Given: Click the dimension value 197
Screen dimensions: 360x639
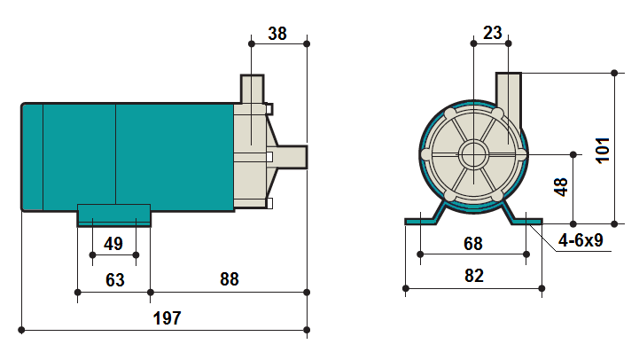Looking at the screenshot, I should [x=166, y=318].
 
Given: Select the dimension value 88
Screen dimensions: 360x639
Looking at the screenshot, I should [x=229, y=279].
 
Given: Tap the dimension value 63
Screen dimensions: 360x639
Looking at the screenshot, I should [x=114, y=279].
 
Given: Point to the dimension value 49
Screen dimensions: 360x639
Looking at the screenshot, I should [x=113, y=243].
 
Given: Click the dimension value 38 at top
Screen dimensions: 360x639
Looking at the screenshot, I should [x=277, y=34].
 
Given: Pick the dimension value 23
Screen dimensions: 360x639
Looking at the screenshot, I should [x=493, y=34].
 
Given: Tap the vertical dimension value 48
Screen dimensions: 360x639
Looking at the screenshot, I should [x=560, y=188].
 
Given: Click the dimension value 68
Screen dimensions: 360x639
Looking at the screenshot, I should [x=473, y=242].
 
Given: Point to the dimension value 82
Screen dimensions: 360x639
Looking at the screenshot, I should [x=473, y=275].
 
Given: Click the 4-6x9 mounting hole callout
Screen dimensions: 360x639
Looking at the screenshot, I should [x=581, y=240].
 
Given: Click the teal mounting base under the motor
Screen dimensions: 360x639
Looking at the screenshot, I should [x=113, y=215].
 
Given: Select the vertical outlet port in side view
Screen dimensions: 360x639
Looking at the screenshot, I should [x=252, y=90].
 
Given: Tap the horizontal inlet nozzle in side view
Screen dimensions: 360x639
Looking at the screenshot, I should [x=292, y=156].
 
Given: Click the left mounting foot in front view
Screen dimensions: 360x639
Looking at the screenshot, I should [x=423, y=219].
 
